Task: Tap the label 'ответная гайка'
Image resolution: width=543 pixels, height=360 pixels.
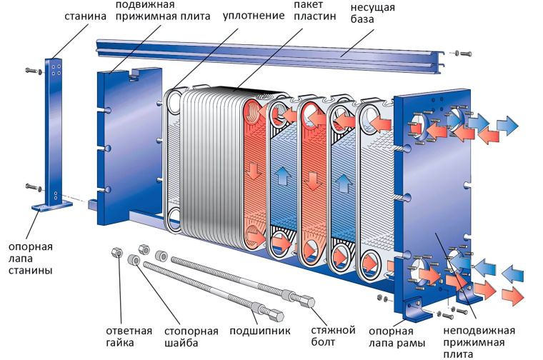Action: [x=129, y=337]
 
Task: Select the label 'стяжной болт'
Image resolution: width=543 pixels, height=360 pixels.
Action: [x=333, y=337]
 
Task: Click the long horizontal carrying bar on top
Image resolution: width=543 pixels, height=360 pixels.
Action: [x=271, y=51]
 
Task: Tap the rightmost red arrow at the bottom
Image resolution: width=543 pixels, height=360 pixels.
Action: [x=512, y=294]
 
